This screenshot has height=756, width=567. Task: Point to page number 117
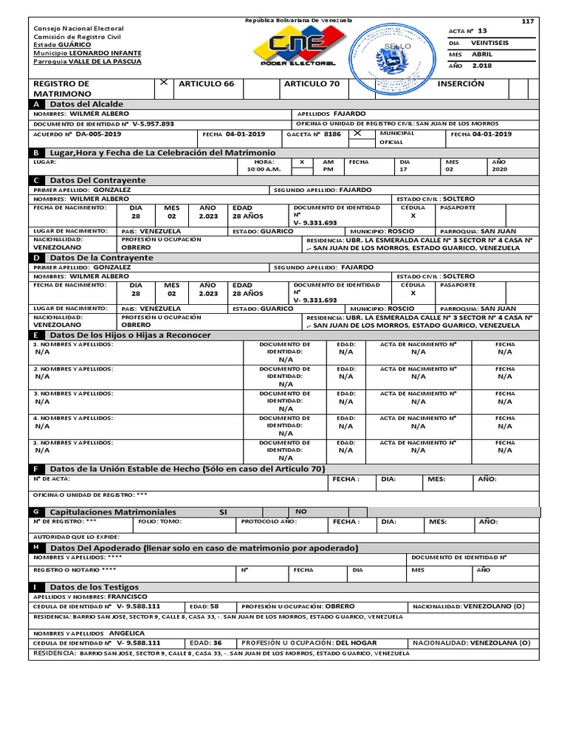click(527, 21)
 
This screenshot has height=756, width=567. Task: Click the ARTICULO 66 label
click(206, 84)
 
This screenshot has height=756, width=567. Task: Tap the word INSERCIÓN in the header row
click(461, 83)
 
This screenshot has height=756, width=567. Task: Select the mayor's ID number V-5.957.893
click(148, 124)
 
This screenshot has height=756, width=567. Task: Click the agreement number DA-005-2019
click(99, 134)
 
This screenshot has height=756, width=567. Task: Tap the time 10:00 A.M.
click(264, 169)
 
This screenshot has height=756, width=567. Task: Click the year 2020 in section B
click(498, 169)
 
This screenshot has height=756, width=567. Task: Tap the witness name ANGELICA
click(127, 633)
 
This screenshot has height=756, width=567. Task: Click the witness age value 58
click(214, 605)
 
